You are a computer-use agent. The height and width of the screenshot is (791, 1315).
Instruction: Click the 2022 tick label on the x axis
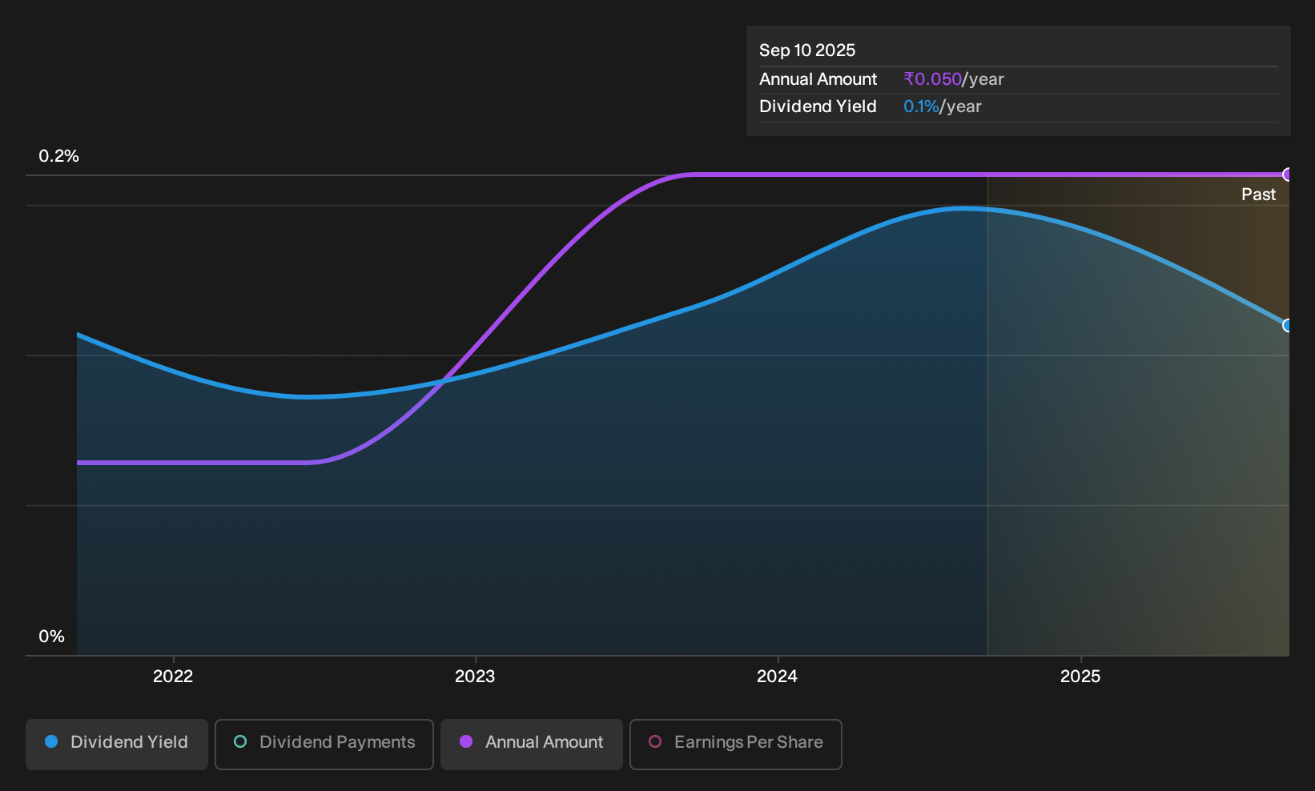tap(173, 677)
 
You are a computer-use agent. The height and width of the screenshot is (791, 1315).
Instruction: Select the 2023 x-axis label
tap(475, 677)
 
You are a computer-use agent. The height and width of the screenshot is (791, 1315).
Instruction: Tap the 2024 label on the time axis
tap(778, 677)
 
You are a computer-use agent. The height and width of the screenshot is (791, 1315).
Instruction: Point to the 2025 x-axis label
tap(1080, 677)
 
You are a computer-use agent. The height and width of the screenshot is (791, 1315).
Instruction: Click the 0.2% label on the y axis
tap(58, 156)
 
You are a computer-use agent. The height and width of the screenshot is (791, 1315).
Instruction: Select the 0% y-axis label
tap(52, 636)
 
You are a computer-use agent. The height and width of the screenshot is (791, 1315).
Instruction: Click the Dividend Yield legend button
tap(117, 744)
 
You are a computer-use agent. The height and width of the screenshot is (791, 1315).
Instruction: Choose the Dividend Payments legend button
tap(324, 744)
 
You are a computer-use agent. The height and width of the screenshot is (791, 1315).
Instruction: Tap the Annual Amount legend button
tap(531, 744)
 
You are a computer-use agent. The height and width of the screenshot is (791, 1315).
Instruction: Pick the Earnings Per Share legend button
tap(735, 744)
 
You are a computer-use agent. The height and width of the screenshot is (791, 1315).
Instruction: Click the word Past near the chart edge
tap(1258, 195)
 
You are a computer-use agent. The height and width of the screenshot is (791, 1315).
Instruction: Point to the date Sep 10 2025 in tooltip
tap(807, 50)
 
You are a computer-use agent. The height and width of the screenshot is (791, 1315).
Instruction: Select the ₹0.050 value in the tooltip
tap(932, 79)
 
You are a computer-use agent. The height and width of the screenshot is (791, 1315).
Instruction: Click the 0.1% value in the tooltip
tap(921, 106)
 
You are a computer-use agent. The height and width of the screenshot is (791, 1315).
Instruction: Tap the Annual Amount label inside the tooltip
tap(818, 79)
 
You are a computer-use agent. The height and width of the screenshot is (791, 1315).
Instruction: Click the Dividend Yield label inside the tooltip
tap(818, 106)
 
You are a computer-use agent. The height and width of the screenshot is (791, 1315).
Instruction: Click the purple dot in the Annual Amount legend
tap(466, 741)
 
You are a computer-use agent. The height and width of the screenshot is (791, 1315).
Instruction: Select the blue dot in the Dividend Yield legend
tap(52, 741)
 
